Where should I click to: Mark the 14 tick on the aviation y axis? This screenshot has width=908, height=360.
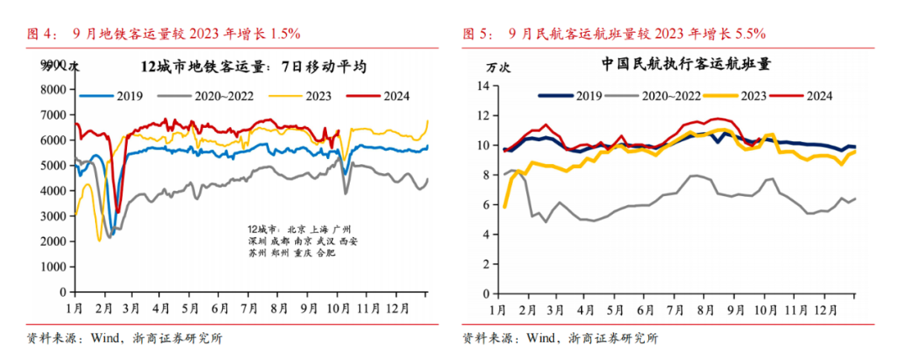[483, 86]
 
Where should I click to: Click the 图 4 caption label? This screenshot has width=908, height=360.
[40, 34]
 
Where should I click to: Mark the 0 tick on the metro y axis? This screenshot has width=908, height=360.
[61, 293]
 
